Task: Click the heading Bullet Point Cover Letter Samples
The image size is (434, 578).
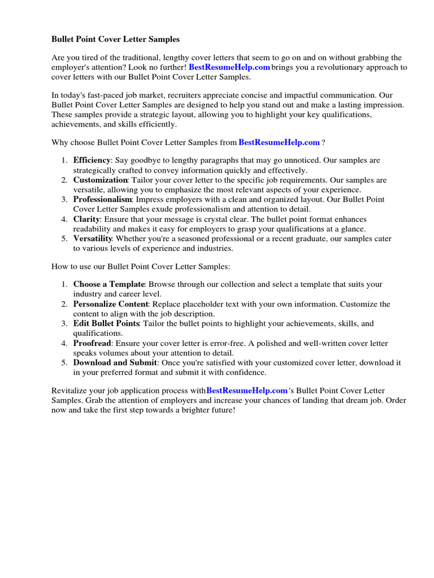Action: (115, 40)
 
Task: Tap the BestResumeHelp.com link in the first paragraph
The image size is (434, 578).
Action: (229, 67)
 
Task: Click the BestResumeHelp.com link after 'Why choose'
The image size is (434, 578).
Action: (279, 142)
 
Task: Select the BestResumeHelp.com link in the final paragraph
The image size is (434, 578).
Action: (247, 391)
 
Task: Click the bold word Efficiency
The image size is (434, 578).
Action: (92, 160)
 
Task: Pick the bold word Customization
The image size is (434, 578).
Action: (100, 180)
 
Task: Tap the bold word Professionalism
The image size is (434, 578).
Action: (102, 200)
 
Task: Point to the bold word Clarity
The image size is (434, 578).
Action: (86, 219)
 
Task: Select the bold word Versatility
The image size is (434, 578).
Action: (93, 239)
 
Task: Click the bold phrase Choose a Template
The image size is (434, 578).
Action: (109, 284)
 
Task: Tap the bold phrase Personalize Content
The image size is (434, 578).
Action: (111, 304)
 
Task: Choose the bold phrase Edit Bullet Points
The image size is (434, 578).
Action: (106, 324)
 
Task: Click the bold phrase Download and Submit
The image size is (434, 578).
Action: (115, 363)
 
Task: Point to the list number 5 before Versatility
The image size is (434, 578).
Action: (64, 239)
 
